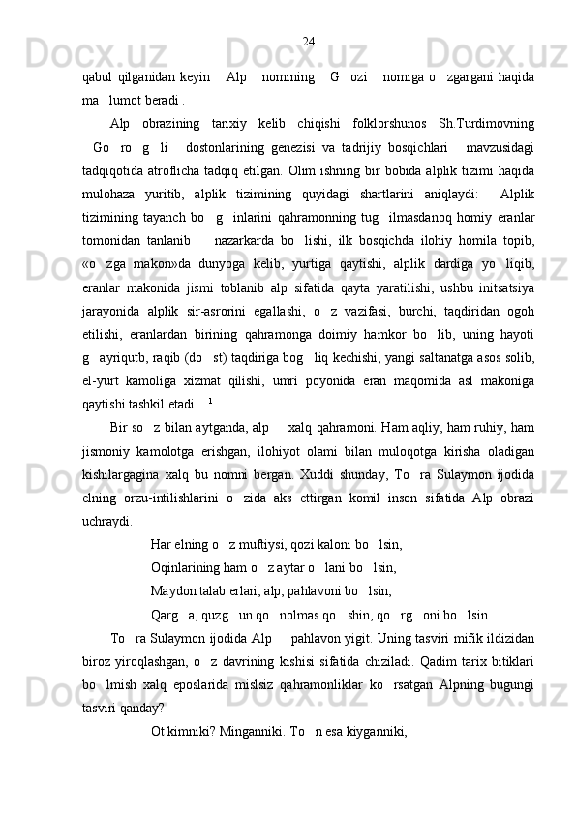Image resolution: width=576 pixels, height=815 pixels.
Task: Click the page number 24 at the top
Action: [308, 41]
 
